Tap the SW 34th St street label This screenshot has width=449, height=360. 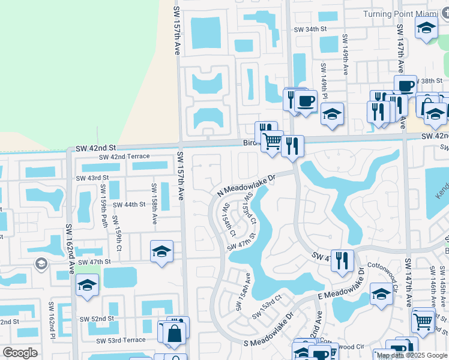tap(309, 29)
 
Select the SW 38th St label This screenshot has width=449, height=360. tap(433, 80)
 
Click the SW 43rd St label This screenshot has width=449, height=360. tap(92, 178)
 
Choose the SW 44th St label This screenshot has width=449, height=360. tap(129, 205)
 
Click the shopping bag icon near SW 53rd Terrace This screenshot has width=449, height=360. tap(173, 333)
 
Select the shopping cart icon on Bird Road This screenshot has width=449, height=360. tap(273, 142)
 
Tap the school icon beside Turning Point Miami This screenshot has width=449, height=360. tap(426, 28)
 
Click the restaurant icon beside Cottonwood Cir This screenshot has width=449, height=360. tap(342, 260)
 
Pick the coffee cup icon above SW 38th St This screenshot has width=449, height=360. tap(405, 85)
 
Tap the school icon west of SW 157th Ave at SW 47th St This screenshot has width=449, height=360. tap(161, 251)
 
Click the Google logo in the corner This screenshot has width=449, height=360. tap(20, 353)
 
